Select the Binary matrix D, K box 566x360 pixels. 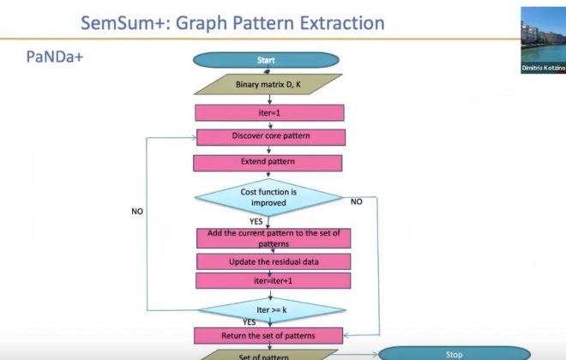tap(268, 86)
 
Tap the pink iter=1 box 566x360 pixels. tap(269, 112)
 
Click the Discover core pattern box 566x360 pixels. tap(271, 136)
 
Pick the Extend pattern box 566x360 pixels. tap(268, 162)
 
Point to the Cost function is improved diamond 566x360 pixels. tap(269, 198)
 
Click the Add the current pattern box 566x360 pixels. tap(274, 237)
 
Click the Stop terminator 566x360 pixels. tap(455, 353)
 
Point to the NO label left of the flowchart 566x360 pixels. tap(137, 211)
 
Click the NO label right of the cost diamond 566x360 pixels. tap(357, 201)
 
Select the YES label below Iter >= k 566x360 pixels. tap(250, 322)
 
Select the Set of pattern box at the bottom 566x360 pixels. tap(269, 355)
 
